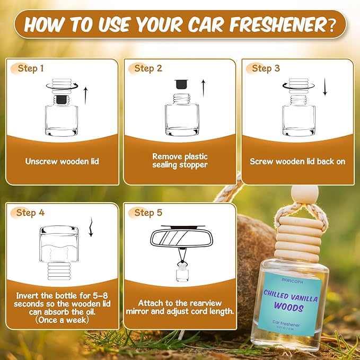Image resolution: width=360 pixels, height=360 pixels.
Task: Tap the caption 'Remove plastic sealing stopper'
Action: point(180,161)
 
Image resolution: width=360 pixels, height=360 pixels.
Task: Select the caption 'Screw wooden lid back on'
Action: point(297,161)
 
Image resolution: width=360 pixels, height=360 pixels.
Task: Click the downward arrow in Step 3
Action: point(324,88)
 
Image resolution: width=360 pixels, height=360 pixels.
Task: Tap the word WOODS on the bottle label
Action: point(289,307)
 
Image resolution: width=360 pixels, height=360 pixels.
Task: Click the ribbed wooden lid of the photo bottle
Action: point(290,240)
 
